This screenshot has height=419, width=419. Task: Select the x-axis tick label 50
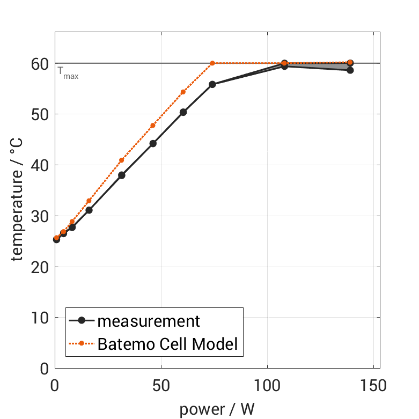(x=160, y=386)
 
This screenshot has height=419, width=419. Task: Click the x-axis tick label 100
(x=267, y=386)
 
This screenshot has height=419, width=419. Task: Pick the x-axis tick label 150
(x=373, y=386)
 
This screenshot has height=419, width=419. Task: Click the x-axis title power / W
(x=217, y=409)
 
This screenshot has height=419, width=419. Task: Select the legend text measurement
(x=149, y=321)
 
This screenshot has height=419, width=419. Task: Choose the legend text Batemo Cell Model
(x=167, y=343)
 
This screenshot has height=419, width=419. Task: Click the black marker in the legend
(x=82, y=321)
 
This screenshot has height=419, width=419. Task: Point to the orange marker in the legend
(x=82, y=343)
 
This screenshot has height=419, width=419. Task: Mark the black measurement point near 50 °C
(x=183, y=112)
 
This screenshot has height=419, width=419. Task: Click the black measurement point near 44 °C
(x=153, y=143)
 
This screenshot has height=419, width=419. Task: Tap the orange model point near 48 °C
(x=153, y=126)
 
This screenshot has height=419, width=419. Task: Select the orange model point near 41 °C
(x=121, y=160)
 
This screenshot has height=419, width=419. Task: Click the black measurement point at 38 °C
(x=121, y=175)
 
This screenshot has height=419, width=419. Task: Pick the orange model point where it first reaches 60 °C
(x=212, y=63)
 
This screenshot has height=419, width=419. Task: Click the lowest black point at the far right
(x=350, y=70)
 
